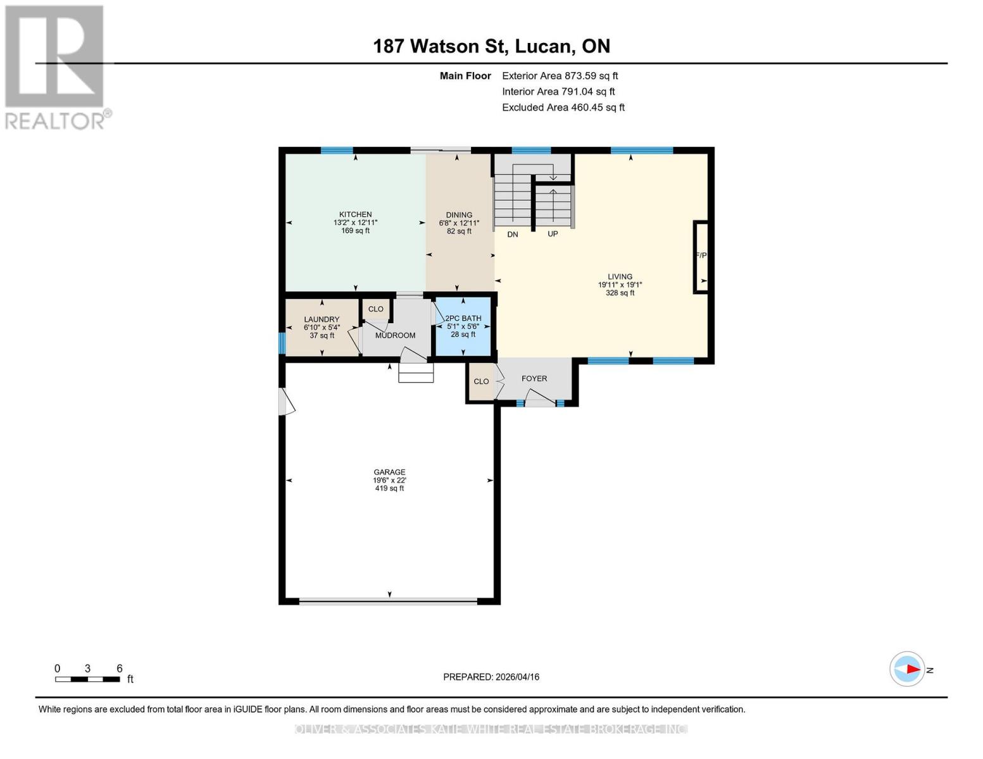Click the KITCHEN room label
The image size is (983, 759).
(x=355, y=215)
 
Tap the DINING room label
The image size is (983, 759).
(x=459, y=215)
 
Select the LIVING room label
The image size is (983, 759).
(x=620, y=277)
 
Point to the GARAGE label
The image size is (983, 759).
(x=389, y=472)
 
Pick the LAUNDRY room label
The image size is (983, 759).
(x=322, y=320)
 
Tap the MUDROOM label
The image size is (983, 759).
(x=395, y=335)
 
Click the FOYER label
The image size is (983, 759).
(x=534, y=379)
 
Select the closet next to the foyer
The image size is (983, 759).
(x=481, y=381)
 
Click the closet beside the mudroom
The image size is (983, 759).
(x=375, y=309)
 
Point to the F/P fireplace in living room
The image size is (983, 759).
(x=701, y=256)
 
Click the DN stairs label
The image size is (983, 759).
(x=513, y=235)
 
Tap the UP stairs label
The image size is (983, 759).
(x=553, y=234)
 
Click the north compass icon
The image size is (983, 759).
(x=908, y=669)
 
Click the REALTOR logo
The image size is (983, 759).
(x=55, y=67)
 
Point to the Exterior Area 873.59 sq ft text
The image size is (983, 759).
(x=560, y=76)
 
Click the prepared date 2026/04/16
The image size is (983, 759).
(x=491, y=677)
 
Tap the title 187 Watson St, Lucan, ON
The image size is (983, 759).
(x=491, y=46)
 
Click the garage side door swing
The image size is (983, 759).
(x=286, y=402)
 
